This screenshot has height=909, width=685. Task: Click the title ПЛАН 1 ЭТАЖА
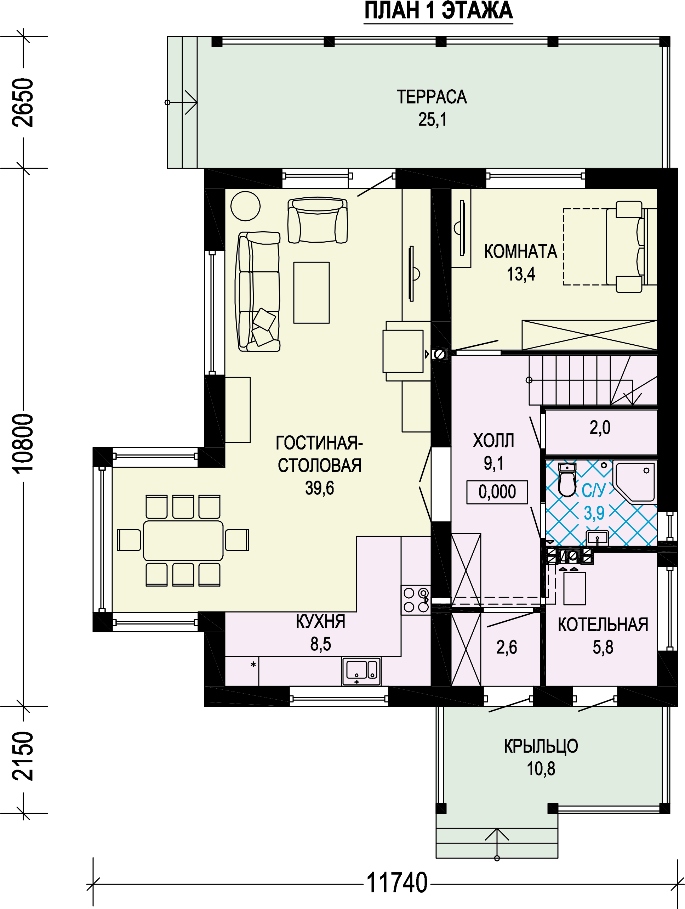pos(438,11)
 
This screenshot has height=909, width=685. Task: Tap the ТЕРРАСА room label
pos(432,97)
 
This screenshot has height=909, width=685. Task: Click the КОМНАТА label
pos(520,252)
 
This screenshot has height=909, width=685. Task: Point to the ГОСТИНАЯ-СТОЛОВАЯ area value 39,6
pos(320,488)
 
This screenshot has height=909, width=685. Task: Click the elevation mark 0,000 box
pos(497,492)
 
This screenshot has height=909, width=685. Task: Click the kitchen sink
pos(361,671)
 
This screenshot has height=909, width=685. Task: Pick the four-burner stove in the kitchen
pos(416,600)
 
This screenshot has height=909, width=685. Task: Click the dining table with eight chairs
pos(183,540)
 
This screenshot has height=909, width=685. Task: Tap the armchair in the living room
pos(318,220)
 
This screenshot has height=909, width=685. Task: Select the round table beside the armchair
pos(246,206)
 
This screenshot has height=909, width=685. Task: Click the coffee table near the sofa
pos(311,293)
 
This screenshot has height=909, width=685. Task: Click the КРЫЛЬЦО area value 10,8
pos(541,768)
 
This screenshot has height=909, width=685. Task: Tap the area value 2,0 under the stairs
pos(600,428)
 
